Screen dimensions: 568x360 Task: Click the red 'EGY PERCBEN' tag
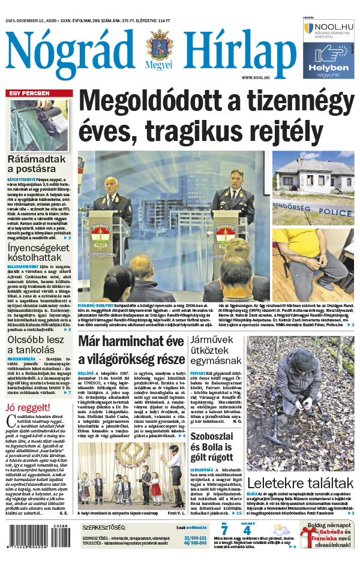29,94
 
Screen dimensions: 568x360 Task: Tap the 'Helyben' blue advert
326,59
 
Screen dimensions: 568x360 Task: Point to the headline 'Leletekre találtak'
300,483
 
